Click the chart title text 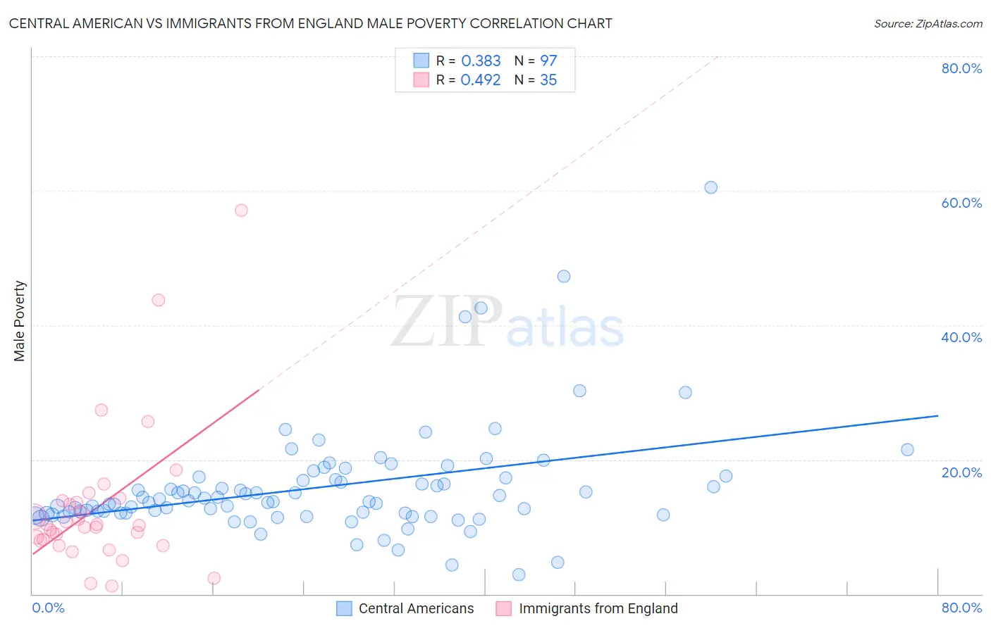[310, 23]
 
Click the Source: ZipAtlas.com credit [928, 23]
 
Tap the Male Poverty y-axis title [20, 321]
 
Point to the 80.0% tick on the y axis [961, 68]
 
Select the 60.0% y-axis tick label [961, 203]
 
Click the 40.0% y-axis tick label [961, 337]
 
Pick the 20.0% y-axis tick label [961, 472]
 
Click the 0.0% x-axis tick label [48, 608]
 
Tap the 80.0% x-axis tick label [961, 608]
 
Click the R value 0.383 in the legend [481, 61]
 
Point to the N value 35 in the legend [548, 80]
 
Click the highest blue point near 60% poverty [710, 187]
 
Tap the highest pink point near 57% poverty [241, 210]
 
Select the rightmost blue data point [907, 449]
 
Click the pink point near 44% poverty [159, 300]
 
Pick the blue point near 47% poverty [564, 276]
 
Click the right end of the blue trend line [937, 416]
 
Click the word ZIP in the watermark [447, 321]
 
